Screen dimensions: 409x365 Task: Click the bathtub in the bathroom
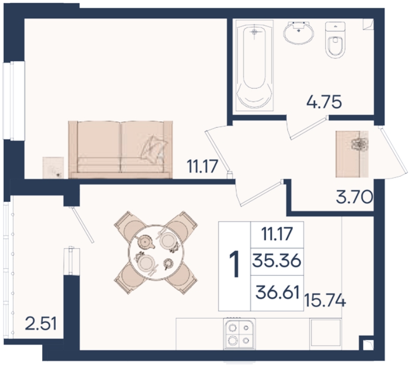pos(254,65)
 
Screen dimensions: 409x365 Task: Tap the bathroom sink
pos(298,32)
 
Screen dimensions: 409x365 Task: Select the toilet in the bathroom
pos(335,40)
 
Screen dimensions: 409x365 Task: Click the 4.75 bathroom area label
pos(324,102)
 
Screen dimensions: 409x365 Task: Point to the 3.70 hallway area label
pos(354,197)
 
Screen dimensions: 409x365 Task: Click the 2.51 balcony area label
pos(41,324)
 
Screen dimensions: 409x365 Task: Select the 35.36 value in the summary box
pos(277,261)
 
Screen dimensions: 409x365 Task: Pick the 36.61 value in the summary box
pos(277,292)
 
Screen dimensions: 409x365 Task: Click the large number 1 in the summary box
pos(235,263)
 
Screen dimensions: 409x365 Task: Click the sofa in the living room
pos(120,150)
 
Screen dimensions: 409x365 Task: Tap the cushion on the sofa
pos(154,149)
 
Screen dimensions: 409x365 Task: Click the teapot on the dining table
pos(144,241)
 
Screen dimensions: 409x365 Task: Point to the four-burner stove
pos(239,333)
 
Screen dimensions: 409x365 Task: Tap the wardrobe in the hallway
pos(352,154)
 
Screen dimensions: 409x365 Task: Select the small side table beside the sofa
pos(53,167)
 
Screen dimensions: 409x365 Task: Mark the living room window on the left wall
pos(14,100)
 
